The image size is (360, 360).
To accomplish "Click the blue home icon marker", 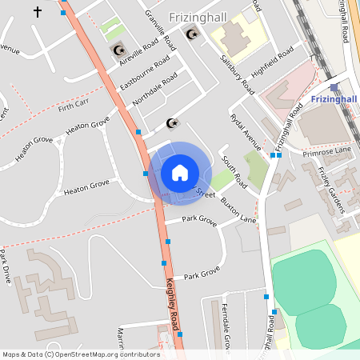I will [x=180, y=172].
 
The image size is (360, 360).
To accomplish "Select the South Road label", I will [x=235, y=172].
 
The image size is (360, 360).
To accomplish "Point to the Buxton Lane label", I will [x=238, y=210].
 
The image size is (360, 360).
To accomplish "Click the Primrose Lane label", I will [x=331, y=150].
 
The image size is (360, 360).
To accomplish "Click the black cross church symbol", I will [x=37, y=12].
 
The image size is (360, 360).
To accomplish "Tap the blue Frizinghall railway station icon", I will [x=334, y=87].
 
